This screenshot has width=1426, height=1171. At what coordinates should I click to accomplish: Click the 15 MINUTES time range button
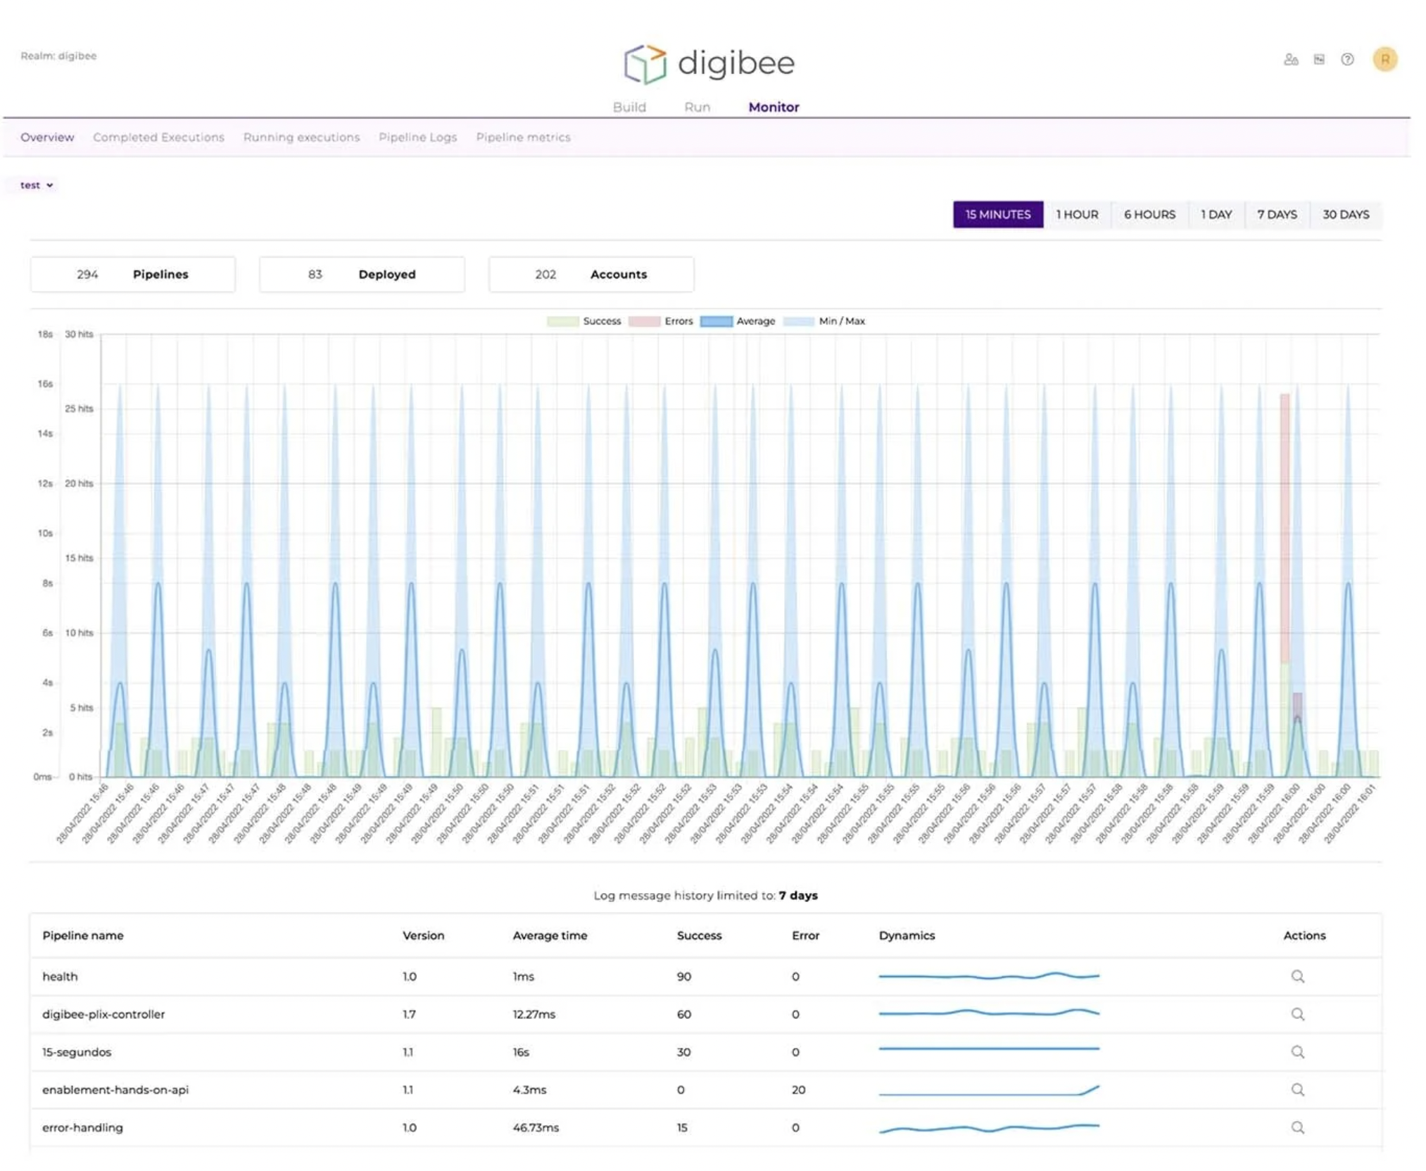click(x=997, y=215)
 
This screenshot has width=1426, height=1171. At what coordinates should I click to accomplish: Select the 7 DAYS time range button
click(x=1276, y=215)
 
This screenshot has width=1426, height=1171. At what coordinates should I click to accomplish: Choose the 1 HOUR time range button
click(x=1076, y=215)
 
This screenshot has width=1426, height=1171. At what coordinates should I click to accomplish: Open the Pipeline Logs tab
click(x=417, y=137)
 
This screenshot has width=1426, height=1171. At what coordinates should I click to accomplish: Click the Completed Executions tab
click(x=158, y=137)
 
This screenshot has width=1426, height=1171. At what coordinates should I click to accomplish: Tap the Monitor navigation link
click(x=773, y=107)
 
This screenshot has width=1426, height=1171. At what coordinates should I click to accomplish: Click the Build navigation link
click(x=629, y=107)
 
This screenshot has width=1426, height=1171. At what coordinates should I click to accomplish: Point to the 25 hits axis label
click(x=79, y=408)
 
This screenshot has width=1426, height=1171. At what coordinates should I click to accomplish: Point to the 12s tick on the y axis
click(x=45, y=483)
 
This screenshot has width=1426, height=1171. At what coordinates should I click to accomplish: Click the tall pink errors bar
click(x=1285, y=528)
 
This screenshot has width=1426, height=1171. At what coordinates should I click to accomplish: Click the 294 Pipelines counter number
click(x=87, y=274)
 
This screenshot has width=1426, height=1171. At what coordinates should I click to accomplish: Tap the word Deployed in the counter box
click(x=386, y=274)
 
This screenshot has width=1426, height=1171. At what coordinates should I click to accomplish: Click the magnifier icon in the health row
click(x=1297, y=976)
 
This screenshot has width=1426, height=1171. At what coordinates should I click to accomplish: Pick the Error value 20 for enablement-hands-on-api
click(x=798, y=1089)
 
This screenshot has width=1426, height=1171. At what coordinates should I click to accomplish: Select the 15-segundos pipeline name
click(x=77, y=1052)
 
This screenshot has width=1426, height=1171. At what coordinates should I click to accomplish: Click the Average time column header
click(x=549, y=935)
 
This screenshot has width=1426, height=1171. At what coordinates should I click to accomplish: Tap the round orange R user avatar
click(x=1384, y=59)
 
